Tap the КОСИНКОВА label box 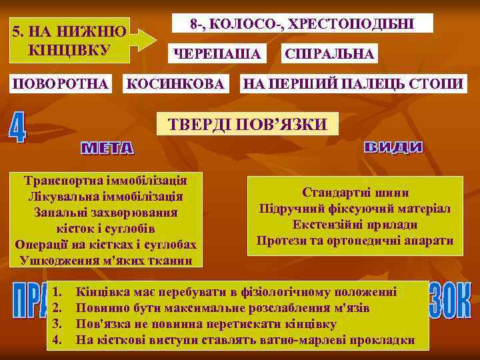pyautogui.click(x=175, y=83)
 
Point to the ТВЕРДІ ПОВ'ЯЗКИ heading pyautogui.click(x=247, y=125)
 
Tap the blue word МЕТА pyautogui.click(x=107, y=148)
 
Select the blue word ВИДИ pyautogui.click(x=394, y=147)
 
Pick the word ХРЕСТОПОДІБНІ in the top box pyautogui.click(x=361, y=24)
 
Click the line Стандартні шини pyautogui.click(x=355, y=193)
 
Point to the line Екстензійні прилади pyautogui.click(x=355, y=225)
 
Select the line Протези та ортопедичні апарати pyautogui.click(x=355, y=241)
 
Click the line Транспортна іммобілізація pyautogui.click(x=105, y=180)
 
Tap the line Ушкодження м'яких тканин pyautogui.click(x=105, y=260)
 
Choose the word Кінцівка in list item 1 pyautogui.click(x=101, y=292)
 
